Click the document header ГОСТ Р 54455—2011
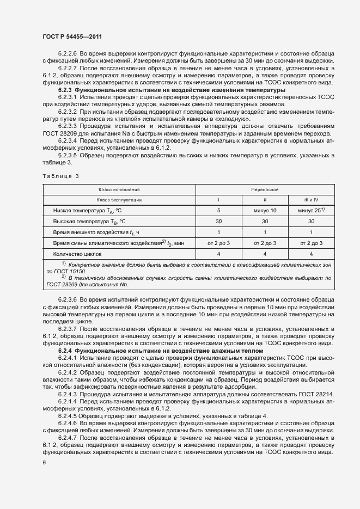click(x=72, y=36)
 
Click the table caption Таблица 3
click(x=61, y=176)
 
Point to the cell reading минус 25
click(x=310, y=210)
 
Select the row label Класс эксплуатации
click(x=119, y=200)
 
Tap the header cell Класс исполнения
click(x=119, y=189)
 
